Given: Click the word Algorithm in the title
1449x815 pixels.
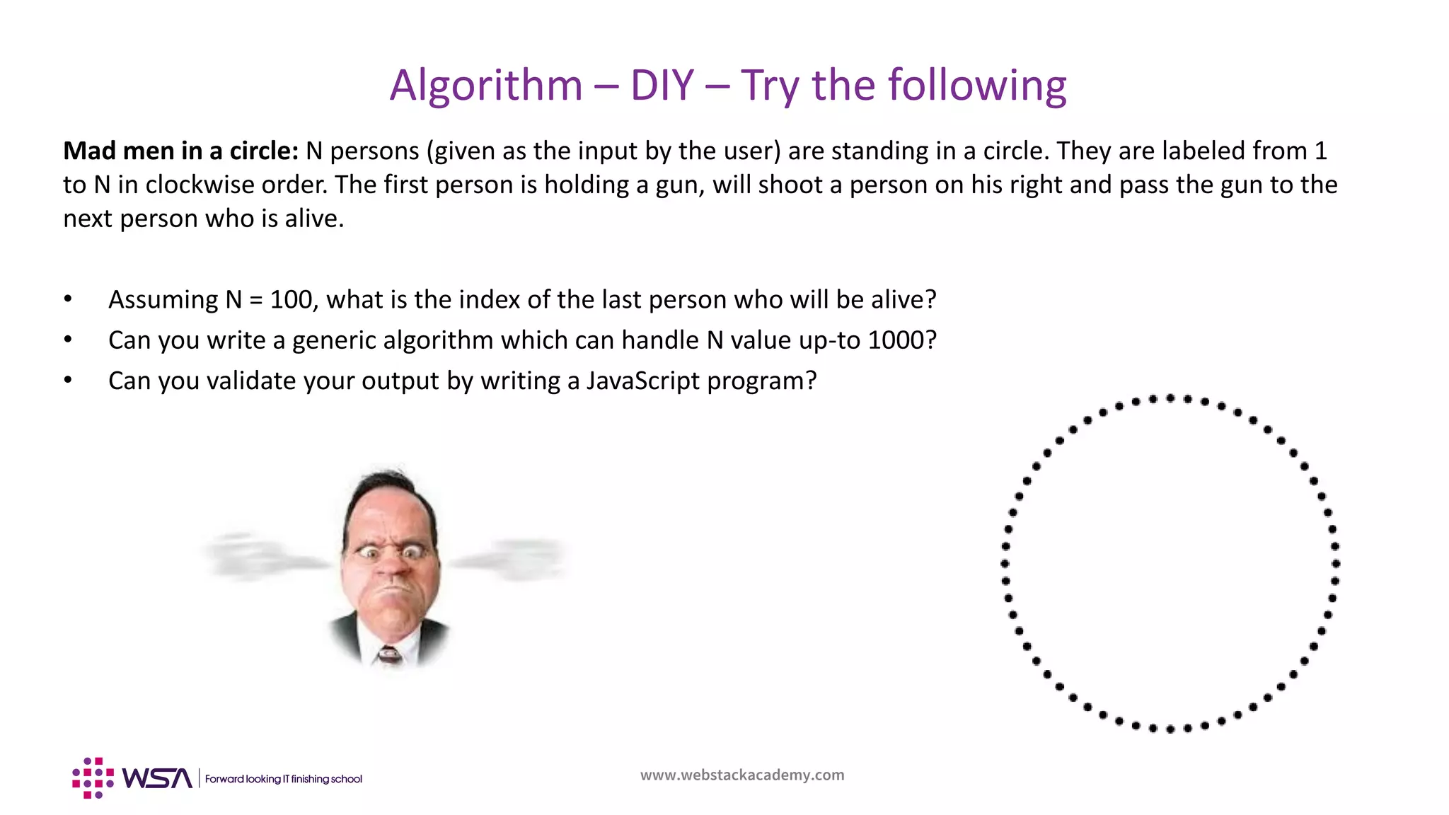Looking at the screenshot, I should coord(485,86).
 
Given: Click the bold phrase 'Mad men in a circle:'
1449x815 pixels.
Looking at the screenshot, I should coord(180,151).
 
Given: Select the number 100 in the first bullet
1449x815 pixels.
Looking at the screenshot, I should coord(291,299).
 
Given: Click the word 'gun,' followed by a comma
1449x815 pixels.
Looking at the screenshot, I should coord(680,185).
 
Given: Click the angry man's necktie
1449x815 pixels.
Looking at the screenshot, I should coord(389,654).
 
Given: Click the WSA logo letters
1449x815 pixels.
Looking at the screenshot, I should coord(156,778).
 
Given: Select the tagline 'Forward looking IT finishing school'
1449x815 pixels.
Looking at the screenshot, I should coord(283,779).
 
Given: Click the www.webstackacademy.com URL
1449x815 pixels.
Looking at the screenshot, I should coord(742,775).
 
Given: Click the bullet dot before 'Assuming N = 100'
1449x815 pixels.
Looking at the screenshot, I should coord(68,299).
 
